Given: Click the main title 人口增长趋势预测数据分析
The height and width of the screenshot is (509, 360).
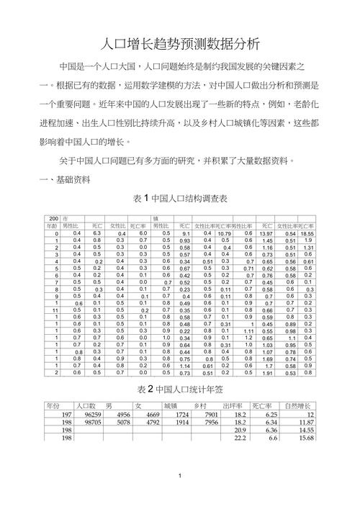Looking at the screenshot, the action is [179, 42].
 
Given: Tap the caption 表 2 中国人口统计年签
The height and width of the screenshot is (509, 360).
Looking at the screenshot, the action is [180, 389].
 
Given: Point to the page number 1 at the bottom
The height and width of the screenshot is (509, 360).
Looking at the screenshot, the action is [180, 495].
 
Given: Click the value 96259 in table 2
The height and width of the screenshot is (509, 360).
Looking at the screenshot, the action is [91, 415].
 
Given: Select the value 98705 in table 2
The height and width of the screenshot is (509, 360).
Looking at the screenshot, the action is [91, 423].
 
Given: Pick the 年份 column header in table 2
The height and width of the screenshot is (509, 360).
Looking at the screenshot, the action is [58, 405].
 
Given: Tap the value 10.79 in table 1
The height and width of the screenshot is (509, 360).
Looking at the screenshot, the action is [225, 233].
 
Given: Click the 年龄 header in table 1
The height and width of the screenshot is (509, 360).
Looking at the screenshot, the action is [52, 225].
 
